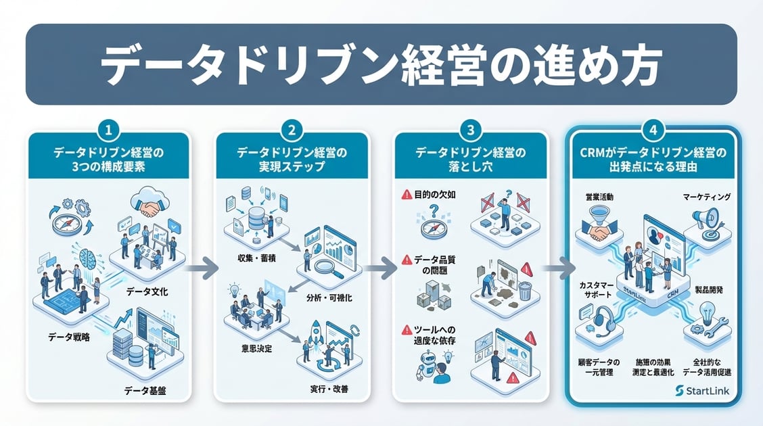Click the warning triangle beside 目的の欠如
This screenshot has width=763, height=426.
tap(407, 195)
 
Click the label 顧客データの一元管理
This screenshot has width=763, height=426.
tap(597, 367)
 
